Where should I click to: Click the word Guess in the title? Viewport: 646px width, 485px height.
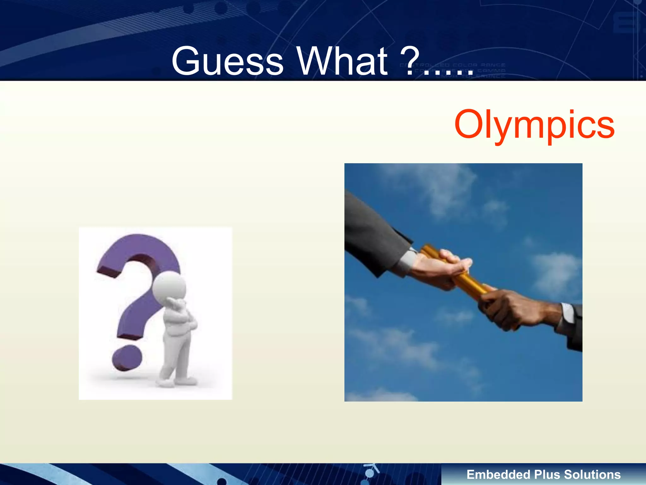click(227, 61)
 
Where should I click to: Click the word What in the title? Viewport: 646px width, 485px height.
click(342, 61)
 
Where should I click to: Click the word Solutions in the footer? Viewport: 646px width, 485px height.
click(592, 475)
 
